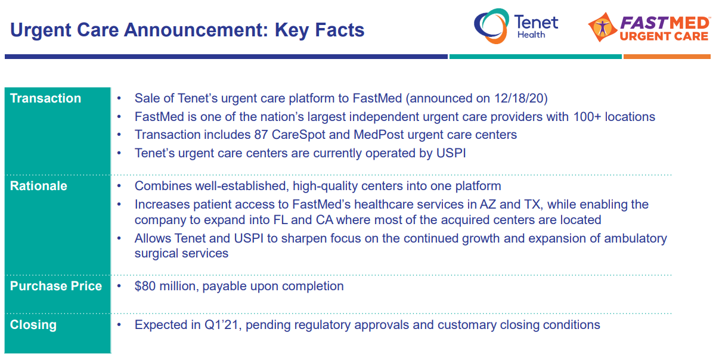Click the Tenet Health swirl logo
[491, 26]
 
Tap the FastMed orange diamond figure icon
[603, 27]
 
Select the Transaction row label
[45, 98]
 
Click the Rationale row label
[39, 186]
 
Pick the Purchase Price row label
[56, 286]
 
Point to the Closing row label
[33, 325]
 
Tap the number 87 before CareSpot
[261, 135]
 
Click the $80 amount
[145, 286]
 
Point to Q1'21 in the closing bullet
[221, 325]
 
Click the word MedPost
[379, 135]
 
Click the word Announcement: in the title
[196, 30]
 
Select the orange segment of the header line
[667, 57]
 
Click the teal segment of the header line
[535, 57]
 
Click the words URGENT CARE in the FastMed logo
[664, 36]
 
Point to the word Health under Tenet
[531, 35]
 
